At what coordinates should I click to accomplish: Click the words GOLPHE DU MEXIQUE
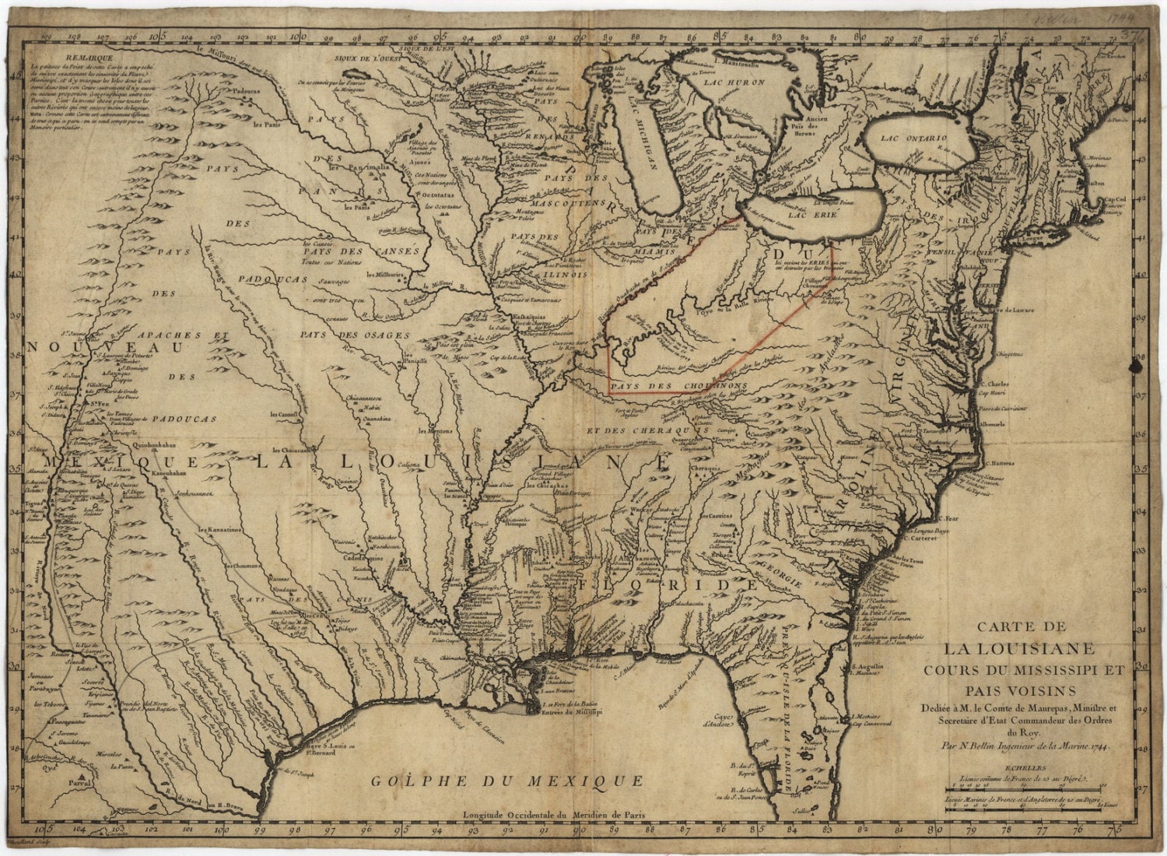pyautogui.click(x=507, y=781)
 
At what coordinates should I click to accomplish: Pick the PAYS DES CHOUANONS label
pyautogui.click(x=679, y=385)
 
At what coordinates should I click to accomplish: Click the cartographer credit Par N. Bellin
pyautogui.click(x=1025, y=744)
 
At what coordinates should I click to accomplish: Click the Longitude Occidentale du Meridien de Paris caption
pyautogui.click(x=553, y=816)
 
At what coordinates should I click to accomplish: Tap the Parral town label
pyautogui.click(x=77, y=782)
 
